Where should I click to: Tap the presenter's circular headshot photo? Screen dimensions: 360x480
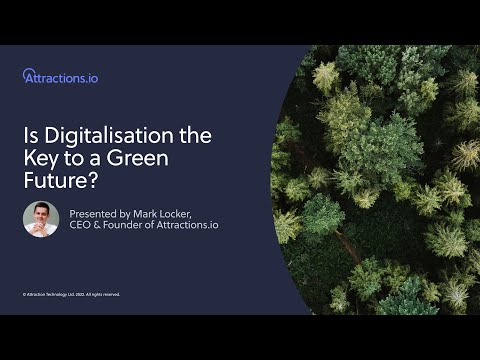41,219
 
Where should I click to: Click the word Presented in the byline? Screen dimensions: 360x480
94,213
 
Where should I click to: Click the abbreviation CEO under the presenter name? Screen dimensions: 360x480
80,225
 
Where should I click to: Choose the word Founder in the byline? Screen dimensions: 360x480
123,225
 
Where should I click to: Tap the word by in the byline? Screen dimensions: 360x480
128,213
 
